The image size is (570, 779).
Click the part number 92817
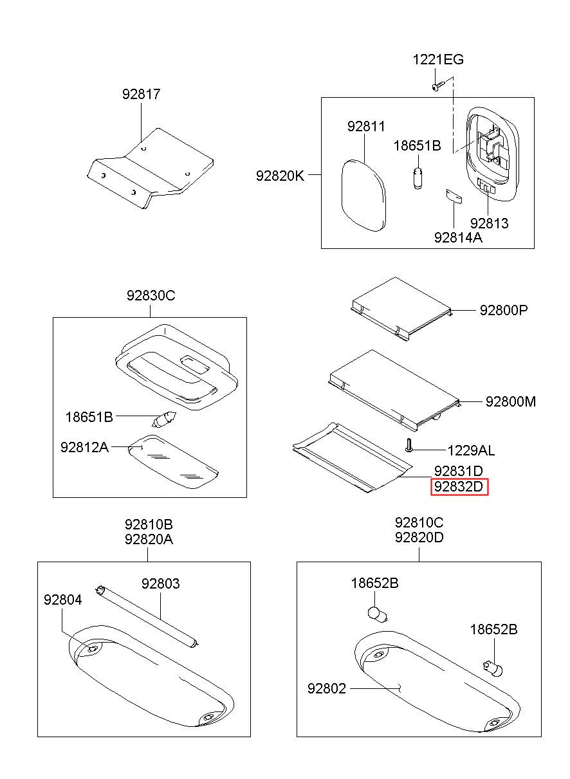coord(141,95)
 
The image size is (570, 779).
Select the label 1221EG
coord(437,60)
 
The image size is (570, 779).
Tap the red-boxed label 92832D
coord(459,488)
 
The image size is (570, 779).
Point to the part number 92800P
coord(503,310)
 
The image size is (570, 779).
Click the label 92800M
coord(510,402)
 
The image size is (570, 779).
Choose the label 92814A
coord(458,237)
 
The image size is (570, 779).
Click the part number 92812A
coord(84,446)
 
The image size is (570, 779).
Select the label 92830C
coord(151,296)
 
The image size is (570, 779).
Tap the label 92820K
coord(280,174)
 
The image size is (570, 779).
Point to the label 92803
coord(160,583)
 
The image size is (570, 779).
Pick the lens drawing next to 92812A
coord(172,462)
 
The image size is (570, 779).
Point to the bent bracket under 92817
coord(149,166)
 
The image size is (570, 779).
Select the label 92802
coord(326,689)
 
